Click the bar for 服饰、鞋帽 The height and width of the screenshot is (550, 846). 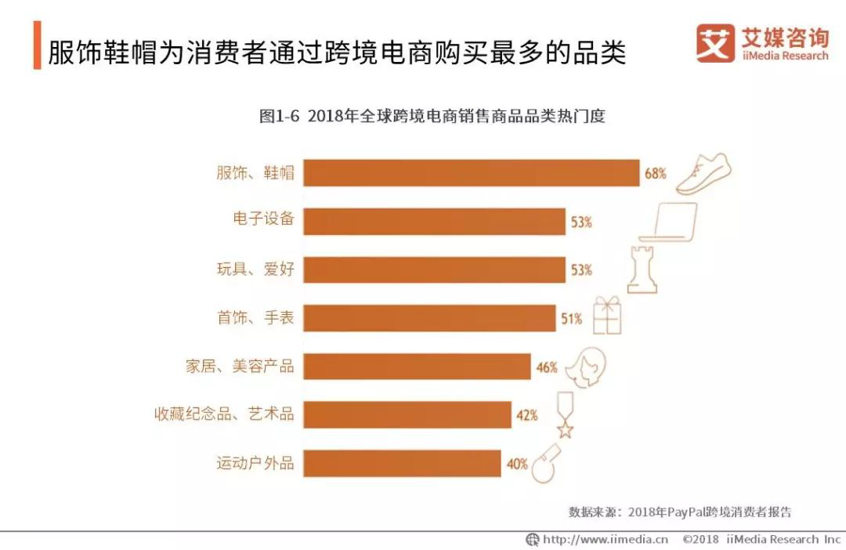[x=471, y=173]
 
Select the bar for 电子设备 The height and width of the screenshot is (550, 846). [x=434, y=222]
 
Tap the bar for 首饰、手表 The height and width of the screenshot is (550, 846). [x=429, y=318]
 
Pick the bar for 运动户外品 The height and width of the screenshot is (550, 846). [x=402, y=463]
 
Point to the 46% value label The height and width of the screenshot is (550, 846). [x=547, y=367]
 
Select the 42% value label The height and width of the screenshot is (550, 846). [x=526, y=415]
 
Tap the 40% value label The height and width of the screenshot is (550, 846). [x=517, y=464]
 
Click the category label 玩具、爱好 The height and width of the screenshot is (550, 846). [x=255, y=270]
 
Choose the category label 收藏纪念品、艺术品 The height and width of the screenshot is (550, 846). [x=224, y=414]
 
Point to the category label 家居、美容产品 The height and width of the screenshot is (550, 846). [x=240, y=366]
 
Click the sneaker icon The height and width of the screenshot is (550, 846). [x=703, y=174]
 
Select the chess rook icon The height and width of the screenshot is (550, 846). [x=642, y=269]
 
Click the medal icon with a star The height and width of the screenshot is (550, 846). [x=564, y=415]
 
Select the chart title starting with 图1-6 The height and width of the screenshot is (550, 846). [x=432, y=117]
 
